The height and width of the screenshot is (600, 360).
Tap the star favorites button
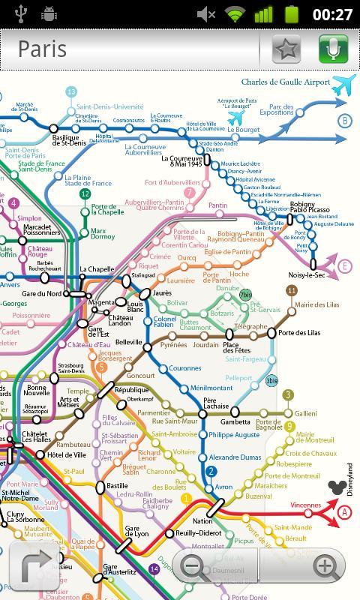(286, 49)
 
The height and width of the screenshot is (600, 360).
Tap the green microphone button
(333, 49)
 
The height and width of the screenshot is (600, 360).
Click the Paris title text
(42, 49)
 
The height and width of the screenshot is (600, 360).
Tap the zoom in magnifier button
(323, 566)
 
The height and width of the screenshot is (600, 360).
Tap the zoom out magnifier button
(193, 566)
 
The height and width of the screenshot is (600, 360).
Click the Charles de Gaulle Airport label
(285, 82)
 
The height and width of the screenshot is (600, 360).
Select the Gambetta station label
(235, 422)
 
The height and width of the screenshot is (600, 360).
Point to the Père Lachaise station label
(215, 406)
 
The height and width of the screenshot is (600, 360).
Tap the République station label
(131, 390)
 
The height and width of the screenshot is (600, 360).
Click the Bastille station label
(117, 485)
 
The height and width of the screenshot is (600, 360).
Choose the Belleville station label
(128, 342)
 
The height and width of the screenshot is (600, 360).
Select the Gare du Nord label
(42, 293)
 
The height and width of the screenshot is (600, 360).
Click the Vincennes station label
(305, 505)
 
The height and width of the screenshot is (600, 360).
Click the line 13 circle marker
(71, 91)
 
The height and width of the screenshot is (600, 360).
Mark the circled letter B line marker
(345, 121)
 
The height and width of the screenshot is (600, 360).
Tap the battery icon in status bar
(291, 13)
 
